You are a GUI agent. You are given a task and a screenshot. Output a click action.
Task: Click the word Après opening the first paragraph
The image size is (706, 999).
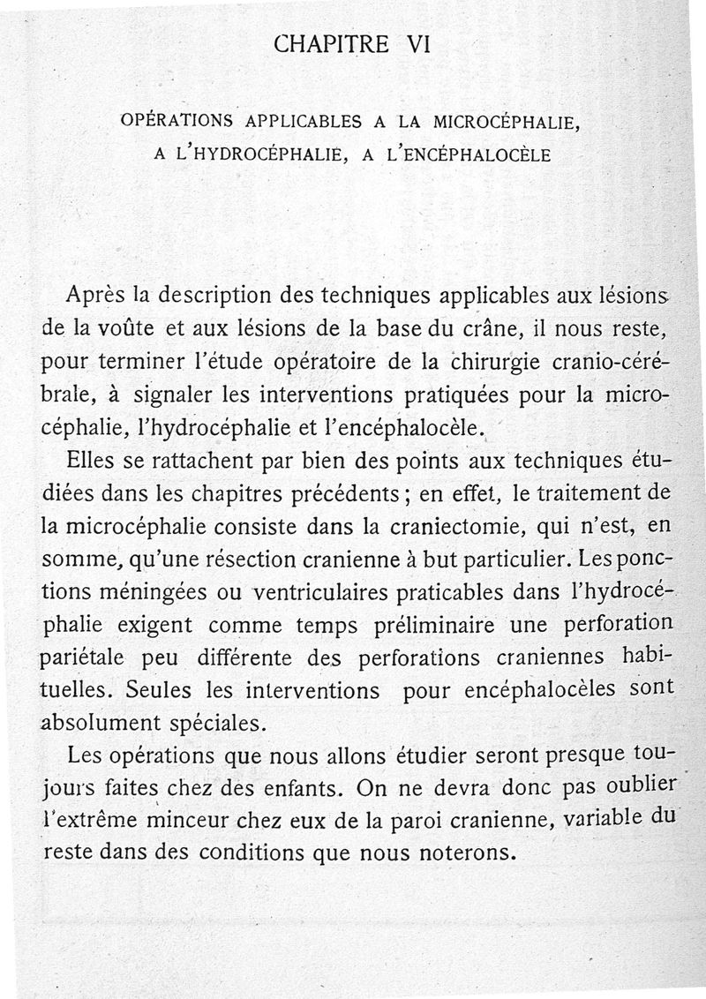[94, 297]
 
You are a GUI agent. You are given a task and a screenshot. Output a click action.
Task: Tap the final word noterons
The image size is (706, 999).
[449, 854]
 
